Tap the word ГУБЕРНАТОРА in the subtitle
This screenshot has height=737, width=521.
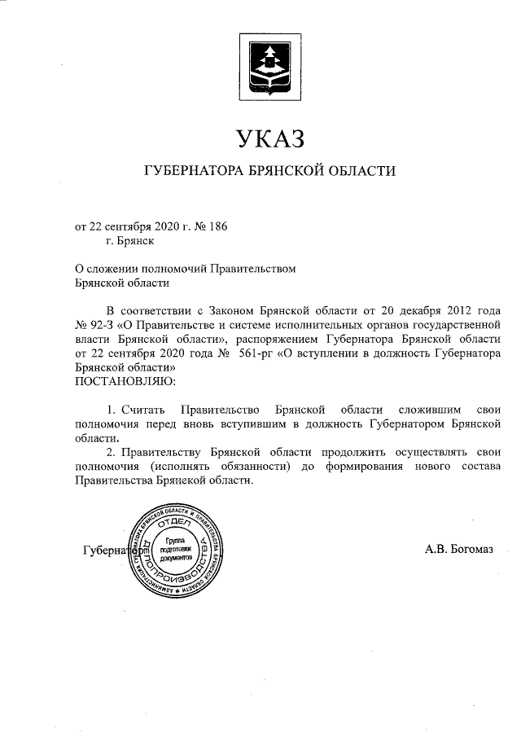pyautogui.click(x=191, y=172)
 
